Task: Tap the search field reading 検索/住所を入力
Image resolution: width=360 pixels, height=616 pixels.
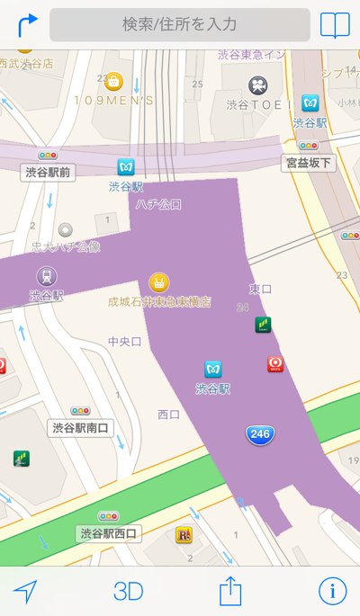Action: pos(180,24)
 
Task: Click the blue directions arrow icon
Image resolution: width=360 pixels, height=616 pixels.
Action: pos(27,24)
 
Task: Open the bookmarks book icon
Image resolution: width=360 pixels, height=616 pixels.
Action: pos(335,24)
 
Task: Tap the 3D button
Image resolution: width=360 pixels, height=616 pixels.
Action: pos(129,591)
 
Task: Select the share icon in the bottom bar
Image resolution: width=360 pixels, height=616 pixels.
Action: pos(231,591)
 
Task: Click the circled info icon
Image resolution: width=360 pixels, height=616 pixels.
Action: pos(332,591)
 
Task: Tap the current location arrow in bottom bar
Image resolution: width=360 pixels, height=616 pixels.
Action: pos(26,591)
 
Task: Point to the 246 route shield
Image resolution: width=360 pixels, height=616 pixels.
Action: pos(260,435)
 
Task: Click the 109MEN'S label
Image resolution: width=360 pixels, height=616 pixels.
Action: pos(113,101)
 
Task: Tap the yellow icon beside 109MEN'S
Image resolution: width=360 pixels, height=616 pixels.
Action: pos(113,81)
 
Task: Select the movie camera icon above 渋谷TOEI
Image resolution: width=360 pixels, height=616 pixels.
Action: pos(258,85)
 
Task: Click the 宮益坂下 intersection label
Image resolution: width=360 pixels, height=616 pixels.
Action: pos(309,163)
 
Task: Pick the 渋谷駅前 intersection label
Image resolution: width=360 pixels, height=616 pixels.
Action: pos(48,172)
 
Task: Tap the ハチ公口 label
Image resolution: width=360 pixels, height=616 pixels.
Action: pos(158,204)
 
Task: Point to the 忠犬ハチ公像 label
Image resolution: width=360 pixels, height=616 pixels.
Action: pos(66,246)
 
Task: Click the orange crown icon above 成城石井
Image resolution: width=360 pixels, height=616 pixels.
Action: pos(159,282)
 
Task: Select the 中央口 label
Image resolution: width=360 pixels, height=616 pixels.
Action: pos(125,342)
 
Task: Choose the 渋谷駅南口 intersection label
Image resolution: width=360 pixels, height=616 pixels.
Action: pos(80,427)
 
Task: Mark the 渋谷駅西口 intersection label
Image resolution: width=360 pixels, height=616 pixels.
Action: pos(108,533)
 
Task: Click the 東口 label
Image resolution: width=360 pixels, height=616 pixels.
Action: pos(260,289)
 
